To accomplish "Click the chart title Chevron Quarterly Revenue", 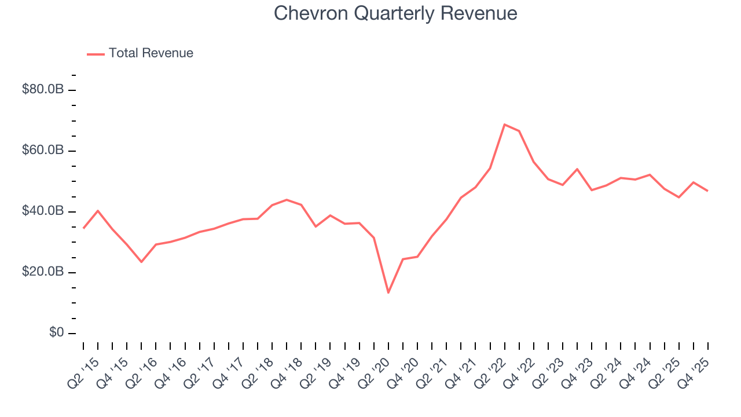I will coord(395,13).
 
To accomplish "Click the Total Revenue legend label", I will coord(151,53).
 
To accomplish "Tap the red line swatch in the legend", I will coord(96,54).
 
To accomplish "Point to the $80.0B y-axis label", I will coord(42,90).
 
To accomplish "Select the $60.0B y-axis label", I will coord(42,151).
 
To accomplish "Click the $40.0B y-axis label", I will coord(42,211).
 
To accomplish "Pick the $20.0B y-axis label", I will coord(42,272).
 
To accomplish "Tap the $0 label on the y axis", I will coord(56,333).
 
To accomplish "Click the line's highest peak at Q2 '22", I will coord(504,125).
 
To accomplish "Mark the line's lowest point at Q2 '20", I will coord(388,292).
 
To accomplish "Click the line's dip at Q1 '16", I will coord(141,262).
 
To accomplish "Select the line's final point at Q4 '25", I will coord(707,191).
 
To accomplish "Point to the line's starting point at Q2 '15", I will coord(83,228).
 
